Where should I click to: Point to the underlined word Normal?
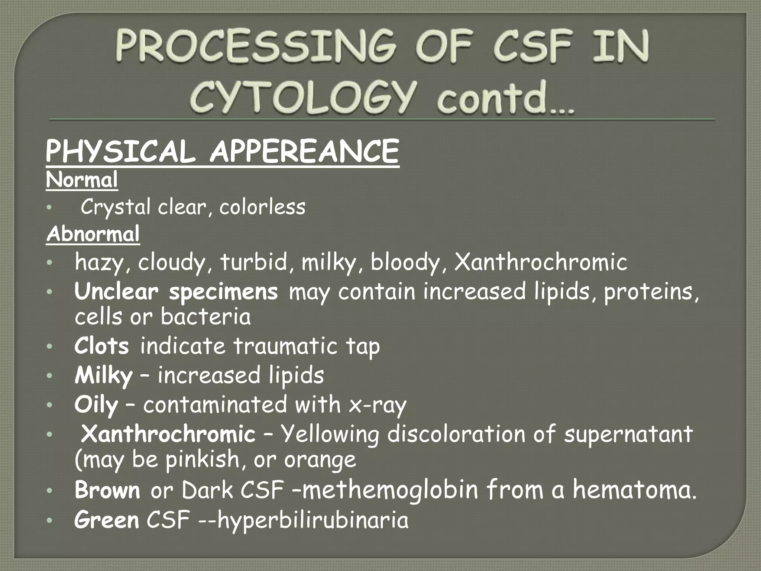[x=82, y=180]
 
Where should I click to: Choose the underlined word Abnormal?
[x=93, y=234]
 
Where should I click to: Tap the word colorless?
[x=262, y=207]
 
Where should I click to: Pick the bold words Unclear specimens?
[x=176, y=291]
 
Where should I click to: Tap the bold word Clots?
[x=101, y=346]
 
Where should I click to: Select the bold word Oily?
[x=96, y=405]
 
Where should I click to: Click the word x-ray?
[x=378, y=405]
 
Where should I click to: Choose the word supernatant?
[x=628, y=434]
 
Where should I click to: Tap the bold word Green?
[x=107, y=520]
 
